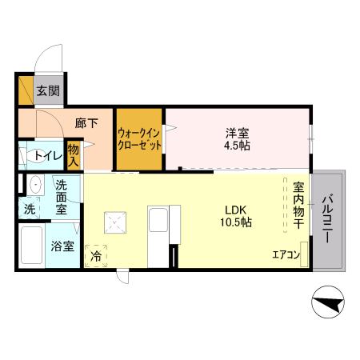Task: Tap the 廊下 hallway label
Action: (x=86, y=123)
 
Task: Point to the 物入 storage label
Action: (x=73, y=154)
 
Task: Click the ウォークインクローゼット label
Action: (x=140, y=139)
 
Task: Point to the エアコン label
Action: (x=285, y=255)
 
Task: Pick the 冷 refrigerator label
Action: (x=96, y=256)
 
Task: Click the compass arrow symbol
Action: (x=329, y=304)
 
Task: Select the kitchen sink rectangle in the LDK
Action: (x=156, y=221)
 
